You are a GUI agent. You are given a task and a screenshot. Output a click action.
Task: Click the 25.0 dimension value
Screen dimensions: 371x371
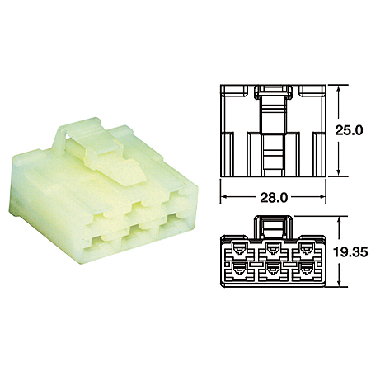click(x=352, y=129)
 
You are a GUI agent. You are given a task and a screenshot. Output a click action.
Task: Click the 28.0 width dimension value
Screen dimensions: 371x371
click(x=271, y=199)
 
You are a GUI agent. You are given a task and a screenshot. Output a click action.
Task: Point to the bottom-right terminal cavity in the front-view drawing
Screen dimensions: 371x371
click(x=307, y=270)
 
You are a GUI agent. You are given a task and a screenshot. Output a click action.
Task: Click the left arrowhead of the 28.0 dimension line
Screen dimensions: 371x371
click(x=223, y=199)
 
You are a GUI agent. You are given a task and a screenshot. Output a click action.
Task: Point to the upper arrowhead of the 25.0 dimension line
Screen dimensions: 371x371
click(x=340, y=88)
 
